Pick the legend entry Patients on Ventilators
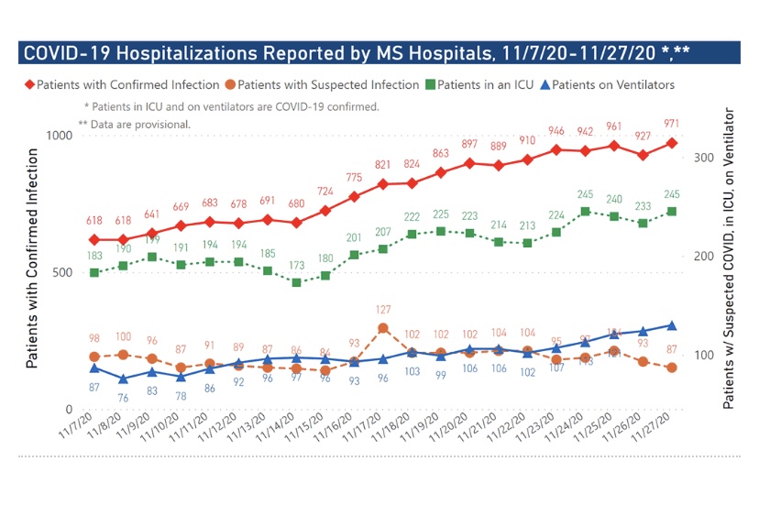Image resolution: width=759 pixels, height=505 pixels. (606, 85)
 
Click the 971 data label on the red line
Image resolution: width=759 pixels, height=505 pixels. (671, 122)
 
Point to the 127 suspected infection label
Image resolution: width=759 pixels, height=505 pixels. (382, 309)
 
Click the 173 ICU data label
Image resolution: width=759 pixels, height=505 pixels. (296, 265)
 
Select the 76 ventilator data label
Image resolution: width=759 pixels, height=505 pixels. (123, 397)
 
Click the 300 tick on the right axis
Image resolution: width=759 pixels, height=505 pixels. (704, 158)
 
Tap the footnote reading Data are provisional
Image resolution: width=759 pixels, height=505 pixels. (135, 124)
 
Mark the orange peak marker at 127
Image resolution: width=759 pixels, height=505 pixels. (383, 328)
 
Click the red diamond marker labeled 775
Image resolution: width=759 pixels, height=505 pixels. (354, 197)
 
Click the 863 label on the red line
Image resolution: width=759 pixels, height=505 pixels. (440, 154)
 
